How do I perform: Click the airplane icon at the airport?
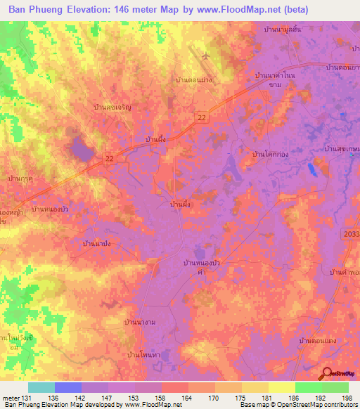coord(205,55)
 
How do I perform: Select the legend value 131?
coord(27,398)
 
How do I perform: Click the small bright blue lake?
coord(311,169)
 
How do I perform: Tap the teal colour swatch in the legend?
coord(41,387)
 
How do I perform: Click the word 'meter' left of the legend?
coord(11,398)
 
